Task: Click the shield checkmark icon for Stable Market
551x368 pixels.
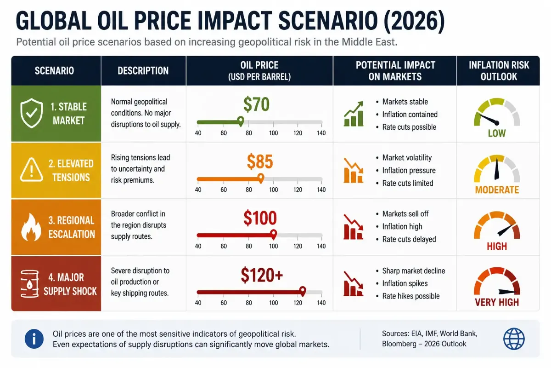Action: pyautogui.click(x=32, y=113)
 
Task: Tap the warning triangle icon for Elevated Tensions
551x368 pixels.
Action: pyautogui.click(x=32, y=170)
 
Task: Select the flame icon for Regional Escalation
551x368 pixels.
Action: pyautogui.click(x=31, y=227)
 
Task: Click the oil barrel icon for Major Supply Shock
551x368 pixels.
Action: pyautogui.click(x=29, y=284)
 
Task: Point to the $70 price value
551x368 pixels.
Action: pyautogui.click(x=256, y=104)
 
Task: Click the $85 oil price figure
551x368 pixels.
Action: pyautogui.click(x=260, y=162)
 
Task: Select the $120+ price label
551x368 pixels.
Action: pyautogui.click(x=262, y=275)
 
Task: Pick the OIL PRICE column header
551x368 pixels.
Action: pyautogui.click(x=259, y=71)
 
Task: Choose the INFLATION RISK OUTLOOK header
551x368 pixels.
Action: pyautogui.click(x=499, y=71)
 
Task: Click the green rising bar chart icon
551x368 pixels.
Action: pyautogui.click(x=354, y=114)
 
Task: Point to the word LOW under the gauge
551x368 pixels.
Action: pyautogui.click(x=497, y=133)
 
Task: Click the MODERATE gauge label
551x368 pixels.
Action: pyautogui.click(x=497, y=190)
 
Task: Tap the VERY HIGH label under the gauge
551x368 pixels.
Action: pyautogui.click(x=497, y=302)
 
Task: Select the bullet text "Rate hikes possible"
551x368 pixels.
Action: pyautogui.click(x=411, y=296)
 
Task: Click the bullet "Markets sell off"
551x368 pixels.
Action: pyautogui.click(x=405, y=214)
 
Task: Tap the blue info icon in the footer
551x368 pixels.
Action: pyautogui.click(x=34, y=339)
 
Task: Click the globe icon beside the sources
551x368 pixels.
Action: pyautogui.click(x=514, y=339)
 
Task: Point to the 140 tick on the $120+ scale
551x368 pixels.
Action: pyautogui.click(x=321, y=303)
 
